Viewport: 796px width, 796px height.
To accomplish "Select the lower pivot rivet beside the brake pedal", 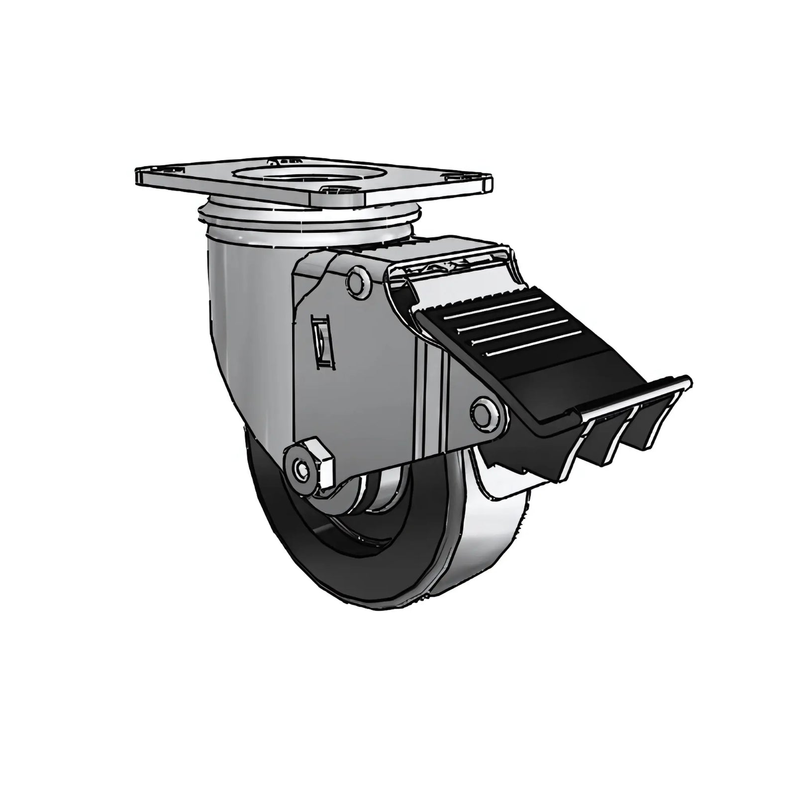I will coord(484,412).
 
